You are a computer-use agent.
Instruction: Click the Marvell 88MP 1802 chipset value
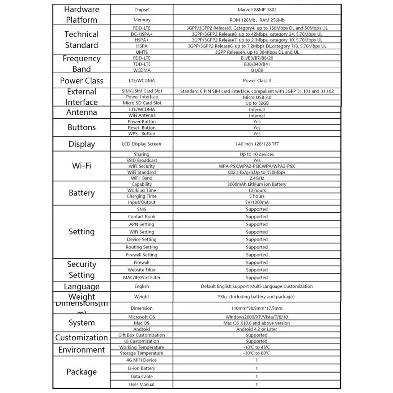pyautogui.click(x=257, y=10)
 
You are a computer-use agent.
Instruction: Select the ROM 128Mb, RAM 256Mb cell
pyautogui.click(x=257, y=20)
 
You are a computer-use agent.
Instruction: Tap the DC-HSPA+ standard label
pyautogui.click(x=142, y=34)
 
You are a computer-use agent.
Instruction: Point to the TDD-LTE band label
pyautogui.click(x=142, y=64)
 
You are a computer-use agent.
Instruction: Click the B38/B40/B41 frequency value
pyautogui.click(x=257, y=64)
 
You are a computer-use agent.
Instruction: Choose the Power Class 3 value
pyautogui.click(x=257, y=81)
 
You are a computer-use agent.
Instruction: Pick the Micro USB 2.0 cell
pyautogui.click(x=257, y=97)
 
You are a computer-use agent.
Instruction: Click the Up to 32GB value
pyautogui.click(x=257, y=103)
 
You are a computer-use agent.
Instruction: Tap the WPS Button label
pyautogui.click(x=142, y=134)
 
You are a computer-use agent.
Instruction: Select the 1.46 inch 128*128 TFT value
pyautogui.click(x=257, y=144)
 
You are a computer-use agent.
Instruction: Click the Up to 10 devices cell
pyautogui.click(x=257, y=154)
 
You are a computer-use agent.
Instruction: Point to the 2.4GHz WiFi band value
pyautogui.click(x=257, y=178)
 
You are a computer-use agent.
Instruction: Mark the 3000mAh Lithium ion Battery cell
pyautogui.click(x=257, y=184)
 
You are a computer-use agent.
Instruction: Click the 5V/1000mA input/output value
pyautogui.click(x=257, y=202)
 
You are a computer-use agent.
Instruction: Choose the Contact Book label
pyautogui.click(x=142, y=217)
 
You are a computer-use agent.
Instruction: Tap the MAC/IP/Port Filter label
pyautogui.click(x=142, y=277)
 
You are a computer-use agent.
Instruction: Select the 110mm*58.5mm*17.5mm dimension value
pyautogui.click(x=257, y=308)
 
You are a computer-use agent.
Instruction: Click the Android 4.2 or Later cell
pyautogui.click(x=257, y=329)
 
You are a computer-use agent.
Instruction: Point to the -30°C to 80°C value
pyautogui.click(x=257, y=353)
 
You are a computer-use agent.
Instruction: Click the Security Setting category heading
pyautogui.click(x=81, y=269)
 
